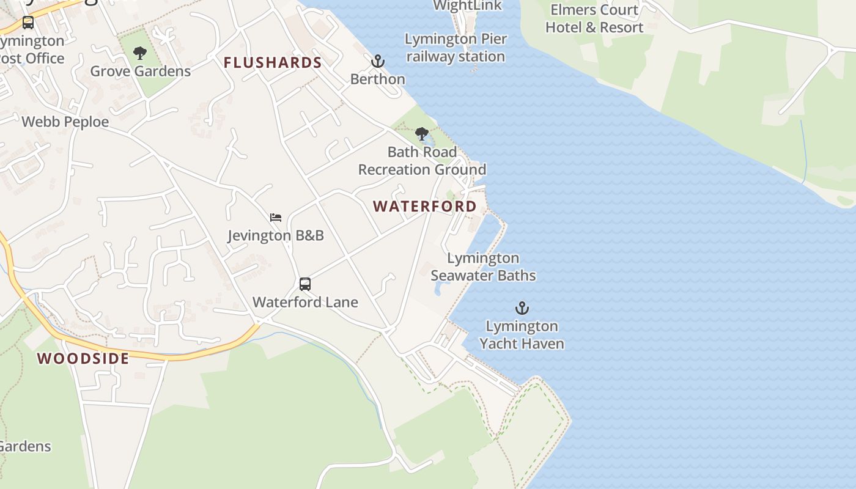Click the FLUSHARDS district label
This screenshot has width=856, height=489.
tap(273, 62)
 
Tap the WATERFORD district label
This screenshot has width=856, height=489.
tap(425, 207)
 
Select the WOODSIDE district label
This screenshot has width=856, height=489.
tap(83, 358)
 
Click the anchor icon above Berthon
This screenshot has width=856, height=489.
tap(378, 61)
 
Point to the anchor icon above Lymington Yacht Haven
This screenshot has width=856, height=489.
tap(522, 308)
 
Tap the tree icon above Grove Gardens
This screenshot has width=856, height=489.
tap(140, 53)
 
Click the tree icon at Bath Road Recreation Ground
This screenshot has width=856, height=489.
tap(421, 134)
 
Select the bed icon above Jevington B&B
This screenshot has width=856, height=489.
tap(276, 218)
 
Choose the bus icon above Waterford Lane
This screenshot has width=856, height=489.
tap(305, 284)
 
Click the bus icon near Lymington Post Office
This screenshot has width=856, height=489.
tap(28, 23)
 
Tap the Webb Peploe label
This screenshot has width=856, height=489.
tap(65, 122)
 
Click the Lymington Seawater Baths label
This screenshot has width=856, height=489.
tap(483, 267)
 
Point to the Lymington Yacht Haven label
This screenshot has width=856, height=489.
tap(522, 335)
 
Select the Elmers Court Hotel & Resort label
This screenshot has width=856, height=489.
tap(594, 19)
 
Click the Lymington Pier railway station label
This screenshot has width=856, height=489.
tap(456, 48)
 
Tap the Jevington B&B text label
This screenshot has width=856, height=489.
tap(276, 235)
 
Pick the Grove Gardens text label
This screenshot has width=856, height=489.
tap(141, 71)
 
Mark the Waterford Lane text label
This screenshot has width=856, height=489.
tap(305, 302)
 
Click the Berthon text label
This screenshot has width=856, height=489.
tap(378, 79)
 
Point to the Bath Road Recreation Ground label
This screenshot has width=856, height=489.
tap(422, 161)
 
